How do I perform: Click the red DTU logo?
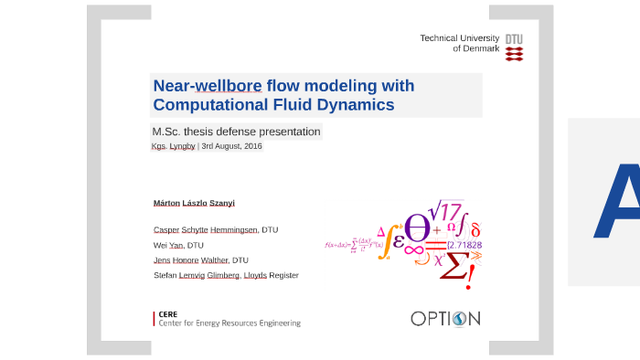point(515,48)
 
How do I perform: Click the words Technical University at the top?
point(459,37)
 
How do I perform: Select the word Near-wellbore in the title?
point(208,86)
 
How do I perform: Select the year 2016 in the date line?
point(252,146)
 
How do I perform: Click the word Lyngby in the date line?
point(182,146)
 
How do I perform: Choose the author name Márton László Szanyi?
point(194,203)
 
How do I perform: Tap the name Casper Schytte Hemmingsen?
point(206,229)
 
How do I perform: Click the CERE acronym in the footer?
point(167,313)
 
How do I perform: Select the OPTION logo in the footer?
point(445,319)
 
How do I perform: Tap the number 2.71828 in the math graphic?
point(464,245)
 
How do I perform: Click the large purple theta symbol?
point(418,228)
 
